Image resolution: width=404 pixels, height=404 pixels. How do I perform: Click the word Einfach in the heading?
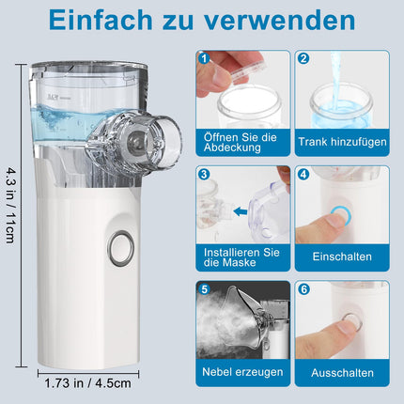[x=101, y=21]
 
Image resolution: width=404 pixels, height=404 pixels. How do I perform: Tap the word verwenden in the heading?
[x=280, y=21]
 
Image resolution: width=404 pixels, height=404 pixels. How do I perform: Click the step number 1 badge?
[x=205, y=58]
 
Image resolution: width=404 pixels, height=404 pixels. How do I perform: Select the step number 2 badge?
[x=303, y=58]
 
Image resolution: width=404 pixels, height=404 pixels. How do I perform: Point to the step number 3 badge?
[x=205, y=174]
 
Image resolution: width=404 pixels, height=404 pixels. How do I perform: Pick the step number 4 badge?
[x=303, y=174]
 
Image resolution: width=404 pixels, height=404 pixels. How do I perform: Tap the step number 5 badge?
[x=205, y=289]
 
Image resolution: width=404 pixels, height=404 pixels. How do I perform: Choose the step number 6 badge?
[x=303, y=289]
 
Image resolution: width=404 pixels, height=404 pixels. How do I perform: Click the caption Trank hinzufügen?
[x=342, y=142]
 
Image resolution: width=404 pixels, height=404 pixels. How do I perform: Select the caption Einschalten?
[x=342, y=256]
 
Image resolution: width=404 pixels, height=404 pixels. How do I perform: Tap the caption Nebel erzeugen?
[x=242, y=372]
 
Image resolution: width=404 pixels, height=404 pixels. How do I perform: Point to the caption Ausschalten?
[x=342, y=373]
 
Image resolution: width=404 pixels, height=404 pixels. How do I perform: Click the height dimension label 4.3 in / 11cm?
[x=10, y=206]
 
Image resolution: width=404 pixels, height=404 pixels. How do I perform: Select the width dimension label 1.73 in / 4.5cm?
[x=88, y=383]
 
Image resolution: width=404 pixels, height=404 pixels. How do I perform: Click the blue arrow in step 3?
[x=241, y=212]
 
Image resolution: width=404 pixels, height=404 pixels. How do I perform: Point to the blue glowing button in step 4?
[x=340, y=215]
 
